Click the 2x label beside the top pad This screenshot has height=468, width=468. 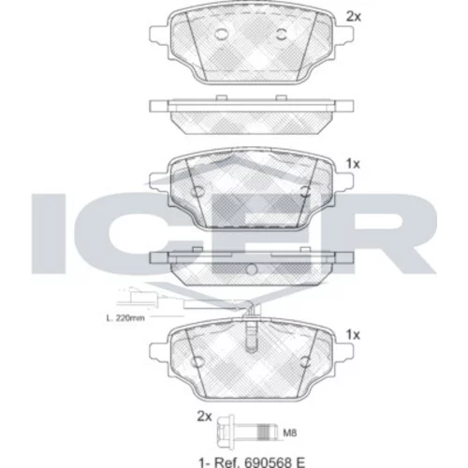354,17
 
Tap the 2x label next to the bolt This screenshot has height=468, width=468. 204,417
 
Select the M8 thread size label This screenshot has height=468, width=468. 290,432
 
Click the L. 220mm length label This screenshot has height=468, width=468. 125,318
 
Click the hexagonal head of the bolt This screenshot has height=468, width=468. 223,432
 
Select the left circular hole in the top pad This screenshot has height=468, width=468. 222,35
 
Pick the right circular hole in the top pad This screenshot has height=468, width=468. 282,35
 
